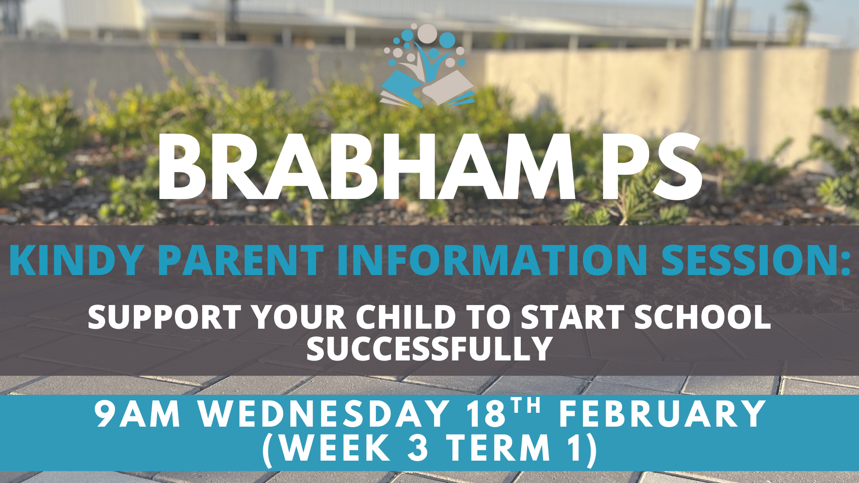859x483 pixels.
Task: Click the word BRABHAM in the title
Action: tap(366, 167)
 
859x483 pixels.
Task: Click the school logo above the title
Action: tap(427, 66)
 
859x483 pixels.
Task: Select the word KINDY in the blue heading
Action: tap(77, 260)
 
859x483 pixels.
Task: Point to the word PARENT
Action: tap(241, 260)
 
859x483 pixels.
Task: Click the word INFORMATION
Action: tap(492, 260)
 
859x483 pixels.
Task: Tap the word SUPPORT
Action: tap(165, 317)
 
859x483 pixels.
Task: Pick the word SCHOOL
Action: tap(702, 317)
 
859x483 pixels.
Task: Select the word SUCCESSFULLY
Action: tap(429, 348)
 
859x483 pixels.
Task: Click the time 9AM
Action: tap(137, 414)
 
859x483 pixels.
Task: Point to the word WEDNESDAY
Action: tap(324, 414)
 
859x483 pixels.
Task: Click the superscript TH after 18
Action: tap(526, 406)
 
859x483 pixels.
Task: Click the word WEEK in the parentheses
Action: tap(336, 448)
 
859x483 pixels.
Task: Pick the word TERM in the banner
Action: tap(499, 448)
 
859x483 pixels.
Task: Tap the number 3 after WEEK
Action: tap(418, 448)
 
